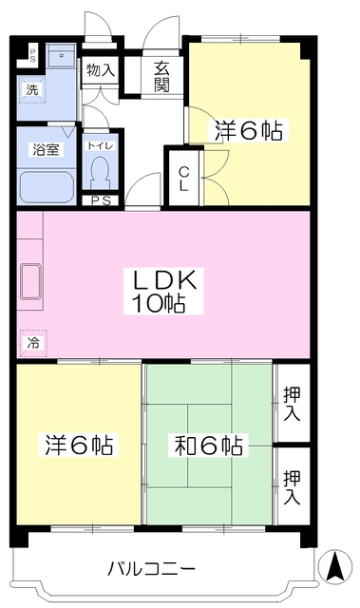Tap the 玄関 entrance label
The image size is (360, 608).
coord(162,77)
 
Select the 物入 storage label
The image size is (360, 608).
coord(100,70)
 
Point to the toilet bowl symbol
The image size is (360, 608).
coord(101,173)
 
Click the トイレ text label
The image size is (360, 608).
coord(101,145)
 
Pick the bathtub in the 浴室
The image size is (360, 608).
coord(47,187)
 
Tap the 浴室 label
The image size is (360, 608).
coord(46,150)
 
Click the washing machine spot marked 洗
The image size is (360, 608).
coord(32,89)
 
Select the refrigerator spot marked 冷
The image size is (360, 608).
coord(33,343)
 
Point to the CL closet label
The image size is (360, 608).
coord(183,179)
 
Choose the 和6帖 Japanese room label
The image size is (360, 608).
coord(209,446)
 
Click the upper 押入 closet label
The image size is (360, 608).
coord(292,403)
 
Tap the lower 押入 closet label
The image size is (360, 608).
coord(292,487)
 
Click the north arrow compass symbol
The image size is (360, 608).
coord(334,566)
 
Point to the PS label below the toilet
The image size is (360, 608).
coord(101,200)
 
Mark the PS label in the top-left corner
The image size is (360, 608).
coord(32,56)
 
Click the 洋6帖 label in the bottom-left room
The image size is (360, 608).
coord(79,446)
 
